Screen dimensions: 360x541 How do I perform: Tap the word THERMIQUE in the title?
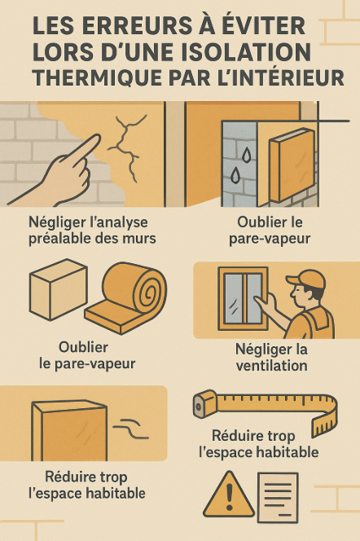[x=98, y=77]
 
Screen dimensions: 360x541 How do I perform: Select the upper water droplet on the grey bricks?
[x=246, y=155]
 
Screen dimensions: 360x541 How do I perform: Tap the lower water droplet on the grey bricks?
[x=235, y=175]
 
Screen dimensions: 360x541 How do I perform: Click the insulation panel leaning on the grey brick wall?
[x=292, y=165]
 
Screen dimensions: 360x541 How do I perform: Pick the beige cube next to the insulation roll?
[x=58, y=289]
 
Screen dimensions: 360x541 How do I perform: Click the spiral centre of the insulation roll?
[x=149, y=293]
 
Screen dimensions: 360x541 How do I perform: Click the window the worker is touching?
[x=243, y=298]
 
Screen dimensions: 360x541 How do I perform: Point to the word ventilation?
[x=272, y=366]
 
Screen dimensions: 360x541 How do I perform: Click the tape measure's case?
[x=205, y=403]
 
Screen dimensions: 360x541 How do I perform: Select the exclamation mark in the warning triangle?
[x=230, y=496]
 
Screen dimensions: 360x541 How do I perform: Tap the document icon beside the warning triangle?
[x=278, y=498]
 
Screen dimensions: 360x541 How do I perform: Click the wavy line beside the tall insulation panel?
[x=130, y=428]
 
